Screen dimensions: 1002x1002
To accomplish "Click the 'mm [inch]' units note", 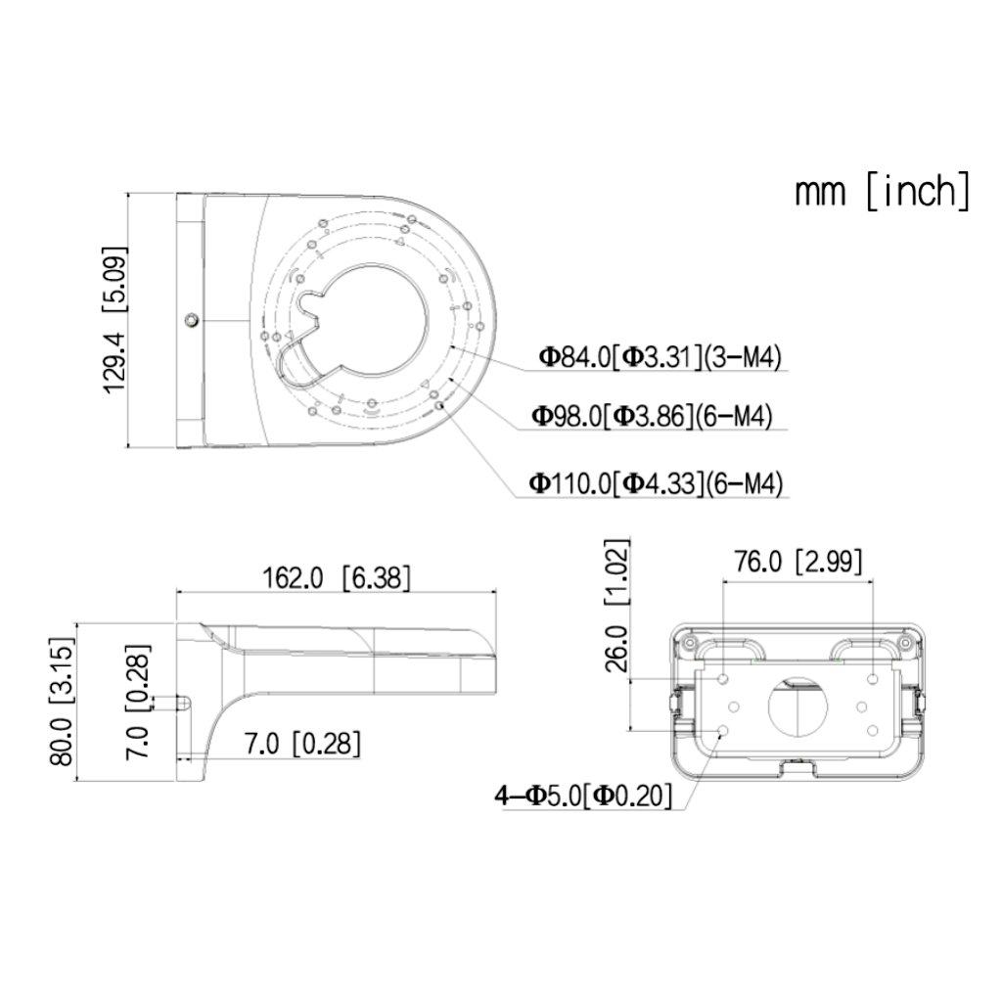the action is (883, 191).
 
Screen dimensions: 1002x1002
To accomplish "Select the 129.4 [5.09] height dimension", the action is (115, 320).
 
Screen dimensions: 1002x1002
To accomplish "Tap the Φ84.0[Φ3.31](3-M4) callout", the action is (660, 356).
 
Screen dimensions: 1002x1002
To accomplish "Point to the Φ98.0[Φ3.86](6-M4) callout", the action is (652, 416).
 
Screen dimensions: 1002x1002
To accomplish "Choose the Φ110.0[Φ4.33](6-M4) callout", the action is (656, 483).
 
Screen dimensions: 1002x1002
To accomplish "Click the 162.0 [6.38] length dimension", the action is (337, 577).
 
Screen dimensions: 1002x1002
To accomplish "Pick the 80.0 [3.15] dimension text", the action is (62, 701).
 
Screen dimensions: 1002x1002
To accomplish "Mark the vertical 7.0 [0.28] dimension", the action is (138, 701).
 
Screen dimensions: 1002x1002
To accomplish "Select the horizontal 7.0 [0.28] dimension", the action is (302, 744).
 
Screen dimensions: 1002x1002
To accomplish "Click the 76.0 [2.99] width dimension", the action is (797, 562).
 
